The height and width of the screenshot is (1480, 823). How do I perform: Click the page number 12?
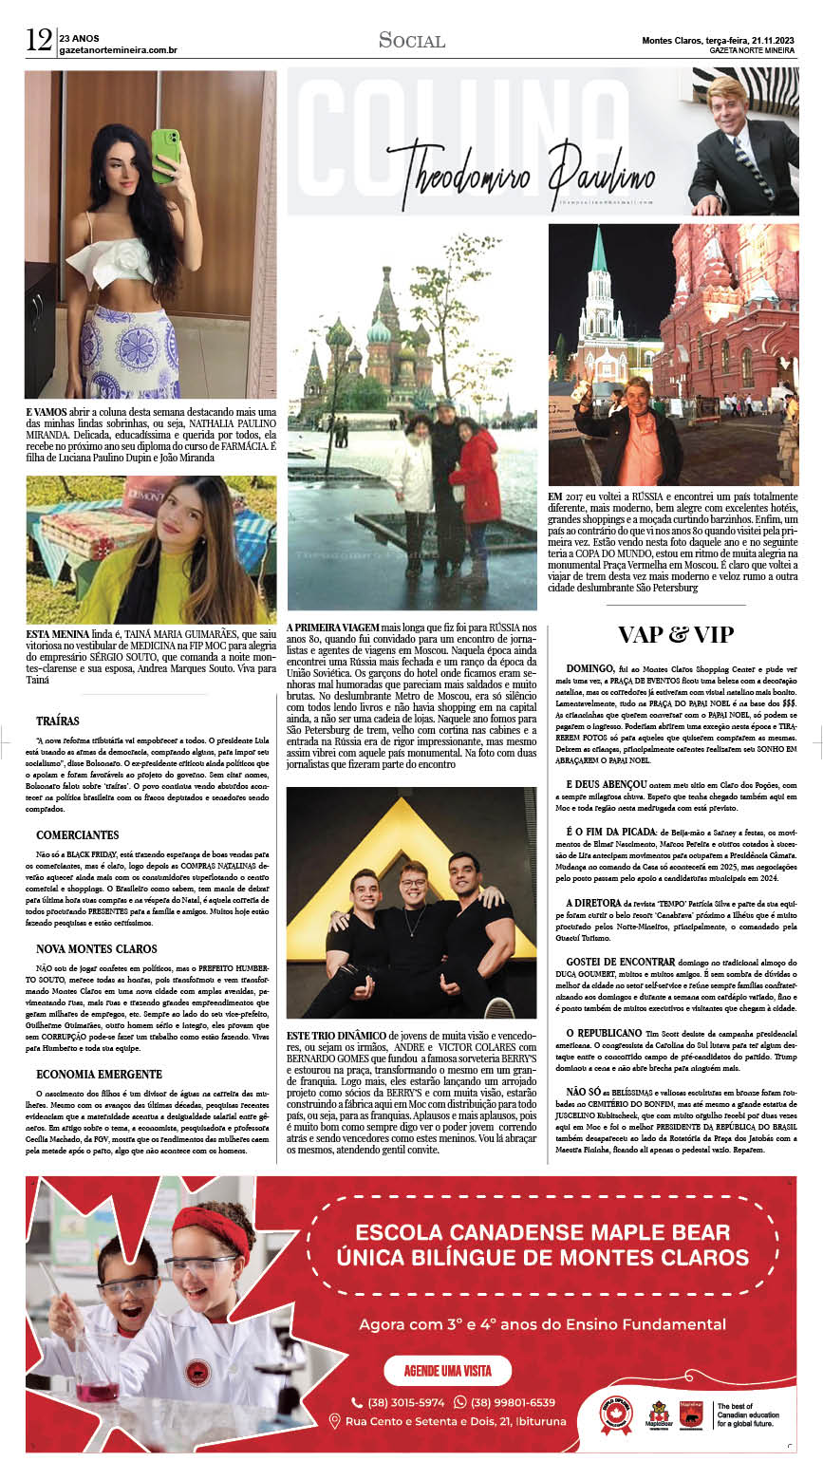[x=39, y=40]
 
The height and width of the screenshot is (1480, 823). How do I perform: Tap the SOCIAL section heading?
[x=411, y=40]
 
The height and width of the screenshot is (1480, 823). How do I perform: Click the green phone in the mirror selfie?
[x=165, y=153]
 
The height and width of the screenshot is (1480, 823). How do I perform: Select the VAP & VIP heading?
[x=675, y=635]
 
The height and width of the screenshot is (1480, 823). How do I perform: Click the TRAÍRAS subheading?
[x=58, y=721]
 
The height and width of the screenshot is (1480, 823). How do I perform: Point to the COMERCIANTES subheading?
[x=78, y=835]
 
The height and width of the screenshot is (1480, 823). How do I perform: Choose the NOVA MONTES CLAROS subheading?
[x=97, y=949]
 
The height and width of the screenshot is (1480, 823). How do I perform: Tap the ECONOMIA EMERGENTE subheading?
[x=99, y=1075]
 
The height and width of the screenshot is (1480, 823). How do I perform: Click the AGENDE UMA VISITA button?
[x=447, y=1371]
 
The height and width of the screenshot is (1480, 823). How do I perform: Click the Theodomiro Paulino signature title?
[x=520, y=176]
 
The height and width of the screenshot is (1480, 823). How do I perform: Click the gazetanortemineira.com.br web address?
[x=118, y=49]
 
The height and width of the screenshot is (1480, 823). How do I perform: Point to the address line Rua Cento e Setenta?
[x=456, y=1421]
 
